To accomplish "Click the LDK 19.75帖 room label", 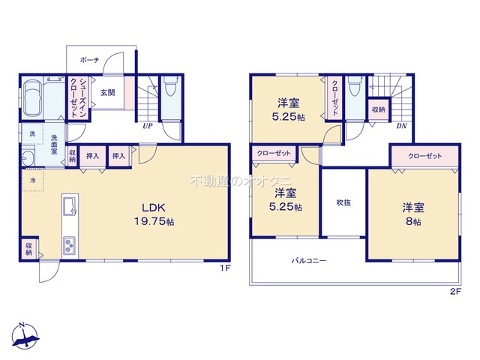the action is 154,214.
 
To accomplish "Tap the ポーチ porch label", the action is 90,60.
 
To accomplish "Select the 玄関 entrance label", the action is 108,92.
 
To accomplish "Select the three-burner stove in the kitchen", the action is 70,245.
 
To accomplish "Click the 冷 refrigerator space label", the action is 32,180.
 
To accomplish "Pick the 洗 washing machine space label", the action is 32,133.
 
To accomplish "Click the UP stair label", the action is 148,126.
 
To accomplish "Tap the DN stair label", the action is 402,126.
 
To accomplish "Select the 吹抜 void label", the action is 343,202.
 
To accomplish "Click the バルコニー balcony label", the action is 308,261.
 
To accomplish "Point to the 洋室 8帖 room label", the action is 413,214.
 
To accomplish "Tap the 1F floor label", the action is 225,268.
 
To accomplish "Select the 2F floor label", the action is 455,292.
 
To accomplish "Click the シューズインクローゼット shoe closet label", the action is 78,97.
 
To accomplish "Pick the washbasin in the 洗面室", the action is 28,158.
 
